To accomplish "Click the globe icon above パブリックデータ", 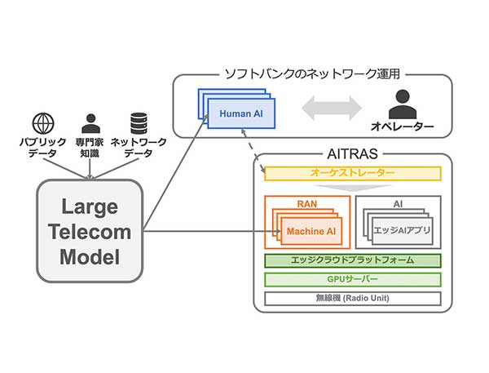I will pos(42,124).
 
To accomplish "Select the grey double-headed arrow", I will pos(331,108).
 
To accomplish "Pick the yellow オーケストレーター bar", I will pos(353,174).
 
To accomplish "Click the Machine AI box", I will pos(311,232).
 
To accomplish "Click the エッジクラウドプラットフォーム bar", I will pos(353,261).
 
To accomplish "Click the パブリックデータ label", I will pos(42,148).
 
